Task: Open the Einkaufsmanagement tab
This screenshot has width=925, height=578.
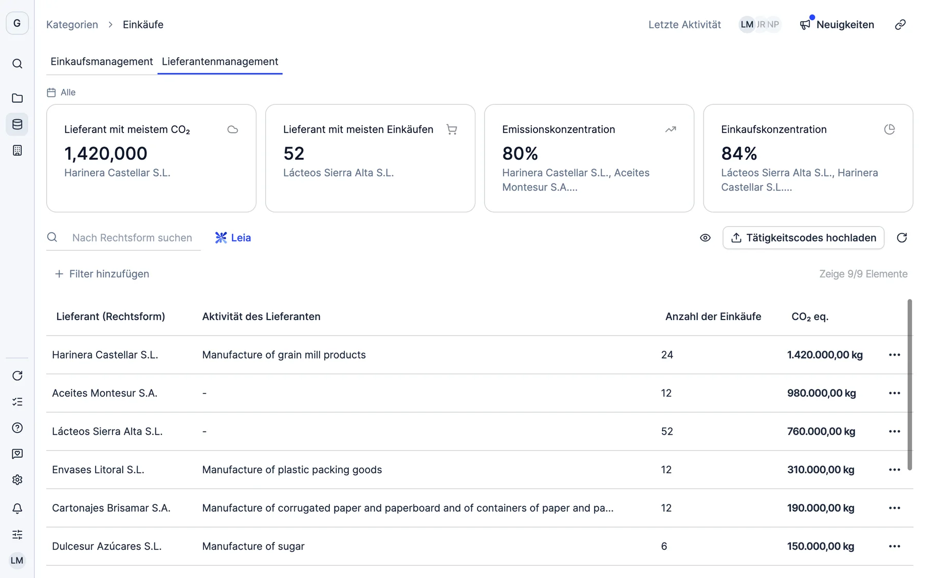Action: (x=102, y=62)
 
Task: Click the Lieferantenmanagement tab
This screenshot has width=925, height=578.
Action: (x=220, y=62)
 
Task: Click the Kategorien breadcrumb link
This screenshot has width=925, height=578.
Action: (x=72, y=25)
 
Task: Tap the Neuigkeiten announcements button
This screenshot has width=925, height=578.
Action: (x=837, y=25)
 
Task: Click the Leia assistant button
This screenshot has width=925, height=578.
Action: (x=233, y=238)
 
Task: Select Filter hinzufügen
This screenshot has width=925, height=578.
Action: (x=102, y=274)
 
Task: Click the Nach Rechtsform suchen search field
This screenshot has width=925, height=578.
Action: (x=132, y=238)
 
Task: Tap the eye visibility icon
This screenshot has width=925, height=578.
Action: (x=705, y=238)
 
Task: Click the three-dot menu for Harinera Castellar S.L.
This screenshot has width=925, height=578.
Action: (x=895, y=355)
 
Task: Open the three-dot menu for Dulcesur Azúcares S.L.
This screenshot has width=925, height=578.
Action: (x=895, y=546)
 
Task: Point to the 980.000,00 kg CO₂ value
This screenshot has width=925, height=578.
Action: (x=822, y=393)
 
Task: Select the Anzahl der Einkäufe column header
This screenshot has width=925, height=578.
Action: (x=713, y=316)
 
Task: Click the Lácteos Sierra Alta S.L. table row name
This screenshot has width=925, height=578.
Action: (x=107, y=432)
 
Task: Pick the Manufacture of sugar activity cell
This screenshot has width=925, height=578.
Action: (x=253, y=546)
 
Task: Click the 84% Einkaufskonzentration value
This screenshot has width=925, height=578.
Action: (x=739, y=153)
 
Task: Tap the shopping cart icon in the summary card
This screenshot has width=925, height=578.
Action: (x=452, y=129)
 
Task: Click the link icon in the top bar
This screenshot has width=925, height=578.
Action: (x=900, y=25)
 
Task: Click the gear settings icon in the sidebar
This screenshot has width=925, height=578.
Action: (x=17, y=480)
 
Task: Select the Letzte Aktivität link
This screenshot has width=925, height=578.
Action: (x=684, y=25)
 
